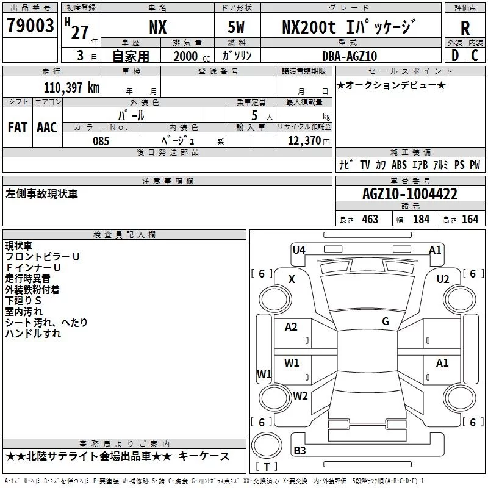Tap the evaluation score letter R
465,28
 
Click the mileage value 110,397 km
71,87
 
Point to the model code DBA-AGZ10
349,56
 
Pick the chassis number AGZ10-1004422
409,194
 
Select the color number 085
101,141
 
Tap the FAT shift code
17,127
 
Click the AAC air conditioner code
46,127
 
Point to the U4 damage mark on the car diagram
299,249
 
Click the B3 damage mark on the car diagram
300,451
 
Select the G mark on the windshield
386,321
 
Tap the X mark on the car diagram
292,279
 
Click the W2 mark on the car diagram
300,395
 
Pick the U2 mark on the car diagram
442,279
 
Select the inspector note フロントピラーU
42,257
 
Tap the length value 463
370,219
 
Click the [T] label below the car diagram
267,467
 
